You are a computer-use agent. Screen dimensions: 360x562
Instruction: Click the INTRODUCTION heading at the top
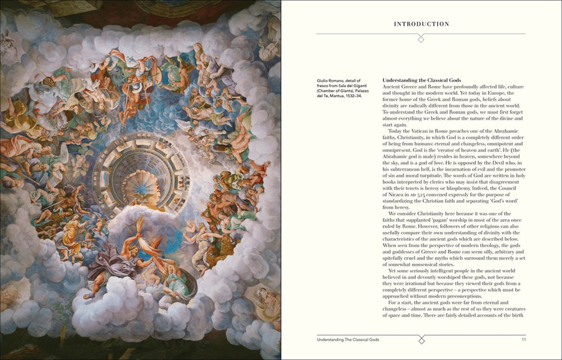point(421,24)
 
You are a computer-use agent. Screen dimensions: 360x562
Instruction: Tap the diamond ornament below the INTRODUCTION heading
point(421,39)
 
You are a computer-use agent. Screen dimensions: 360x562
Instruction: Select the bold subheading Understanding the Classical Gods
point(421,80)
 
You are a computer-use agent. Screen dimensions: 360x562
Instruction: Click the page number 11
point(524,339)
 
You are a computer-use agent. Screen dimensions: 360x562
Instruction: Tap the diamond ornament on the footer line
point(421,339)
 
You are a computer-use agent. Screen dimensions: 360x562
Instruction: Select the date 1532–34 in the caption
point(353,95)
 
